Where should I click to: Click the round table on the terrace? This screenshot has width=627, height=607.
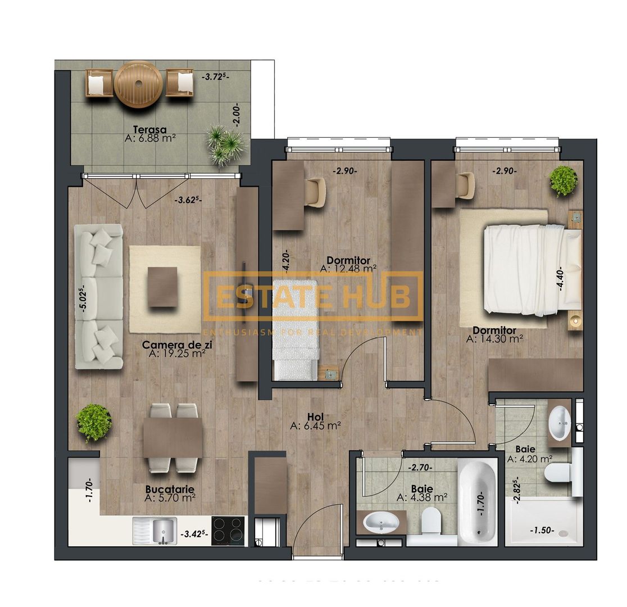tap(138, 84)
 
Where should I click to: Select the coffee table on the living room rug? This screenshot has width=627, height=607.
tap(163, 287)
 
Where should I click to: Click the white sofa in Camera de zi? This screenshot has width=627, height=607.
tap(99, 296)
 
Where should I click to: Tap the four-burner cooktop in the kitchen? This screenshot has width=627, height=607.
tap(229, 529)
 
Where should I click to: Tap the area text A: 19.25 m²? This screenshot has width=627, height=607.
tap(177, 354)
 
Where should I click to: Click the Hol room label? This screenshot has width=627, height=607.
tap(315, 416)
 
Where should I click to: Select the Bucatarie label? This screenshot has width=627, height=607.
tap(170, 488)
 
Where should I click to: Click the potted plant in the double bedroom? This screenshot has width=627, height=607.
tap(563, 180)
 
